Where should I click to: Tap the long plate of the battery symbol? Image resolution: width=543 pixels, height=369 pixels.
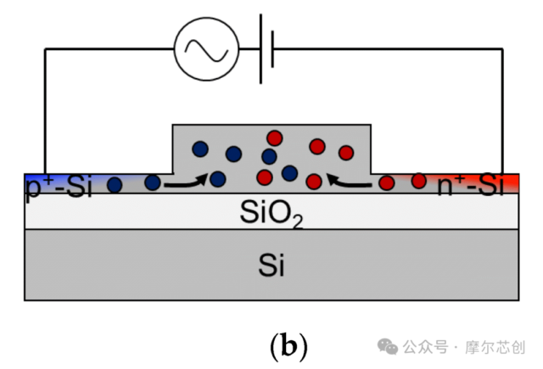(x=260, y=49)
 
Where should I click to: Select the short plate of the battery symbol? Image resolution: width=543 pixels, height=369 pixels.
(x=272, y=49)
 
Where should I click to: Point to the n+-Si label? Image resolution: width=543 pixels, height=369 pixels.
(x=470, y=185)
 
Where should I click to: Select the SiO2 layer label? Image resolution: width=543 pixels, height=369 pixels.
(x=271, y=213)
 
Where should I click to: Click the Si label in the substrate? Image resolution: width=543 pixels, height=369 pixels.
(x=271, y=266)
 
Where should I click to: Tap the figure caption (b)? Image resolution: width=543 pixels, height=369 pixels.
(x=288, y=346)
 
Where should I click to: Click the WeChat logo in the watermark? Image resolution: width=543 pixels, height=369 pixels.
(x=387, y=346)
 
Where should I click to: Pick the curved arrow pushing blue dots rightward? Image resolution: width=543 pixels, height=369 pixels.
(x=185, y=182)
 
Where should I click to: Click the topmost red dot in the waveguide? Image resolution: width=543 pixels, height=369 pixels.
(x=275, y=138)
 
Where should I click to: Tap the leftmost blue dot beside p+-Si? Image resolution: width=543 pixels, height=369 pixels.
(x=115, y=185)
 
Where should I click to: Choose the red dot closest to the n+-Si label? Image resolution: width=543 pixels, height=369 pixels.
(x=418, y=181)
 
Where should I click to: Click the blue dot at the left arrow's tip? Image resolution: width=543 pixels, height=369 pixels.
(x=217, y=179)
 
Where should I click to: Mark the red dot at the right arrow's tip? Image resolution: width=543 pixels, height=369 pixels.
(x=314, y=181)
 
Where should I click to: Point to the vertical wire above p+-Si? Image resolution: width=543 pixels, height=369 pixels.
(x=45, y=111)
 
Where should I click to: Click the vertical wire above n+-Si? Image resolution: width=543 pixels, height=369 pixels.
(x=502, y=111)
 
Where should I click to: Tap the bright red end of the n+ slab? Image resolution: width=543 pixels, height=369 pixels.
(x=511, y=182)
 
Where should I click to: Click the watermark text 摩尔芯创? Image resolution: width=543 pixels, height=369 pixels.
(x=495, y=347)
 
